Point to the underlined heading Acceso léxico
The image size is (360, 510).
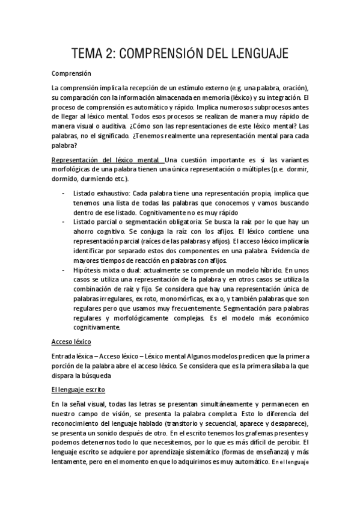(x=72, y=342)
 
